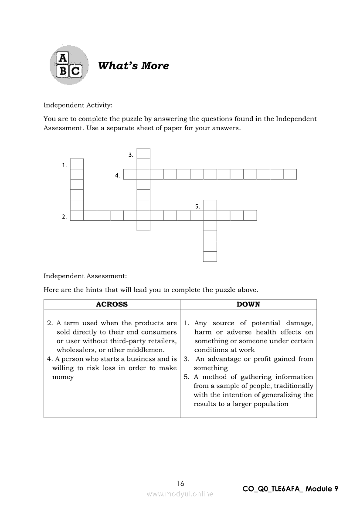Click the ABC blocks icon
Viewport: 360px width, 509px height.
pyautogui.click(x=69, y=65)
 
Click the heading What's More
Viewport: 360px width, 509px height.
pyautogui.click(x=133, y=66)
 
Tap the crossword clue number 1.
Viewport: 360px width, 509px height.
pyautogui.click(x=64, y=165)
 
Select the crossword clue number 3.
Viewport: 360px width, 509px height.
pyautogui.click(x=130, y=155)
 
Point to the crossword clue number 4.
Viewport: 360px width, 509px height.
pyautogui.click(x=117, y=175)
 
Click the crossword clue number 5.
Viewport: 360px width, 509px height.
pyautogui.click(x=197, y=206)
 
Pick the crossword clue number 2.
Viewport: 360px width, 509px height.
pyautogui.click(x=64, y=216)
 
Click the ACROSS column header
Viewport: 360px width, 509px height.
pyautogui.click(x=112, y=304)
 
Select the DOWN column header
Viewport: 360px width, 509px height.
pyautogui.click(x=248, y=304)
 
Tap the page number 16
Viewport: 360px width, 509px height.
pyautogui.click(x=180, y=483)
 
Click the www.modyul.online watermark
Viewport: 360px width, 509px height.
pyautogui.click(x=180, y=494)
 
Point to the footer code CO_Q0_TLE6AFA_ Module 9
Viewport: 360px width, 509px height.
pyautogui.click(x=290, y=489)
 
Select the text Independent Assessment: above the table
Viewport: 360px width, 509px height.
pyautogui.click(x=85, y=276)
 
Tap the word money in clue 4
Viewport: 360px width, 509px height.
pyautogui.click(x=63, y=377)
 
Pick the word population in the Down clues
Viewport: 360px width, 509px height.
pyautogui.click(x=270, y=404)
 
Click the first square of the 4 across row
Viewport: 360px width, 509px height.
pyautogui.click(x=130, y=175)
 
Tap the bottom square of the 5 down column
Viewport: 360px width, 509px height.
pyautogui.click(x=210, y=256)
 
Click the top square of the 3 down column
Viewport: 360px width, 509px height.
pyautogui.click(x=143, y=154)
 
